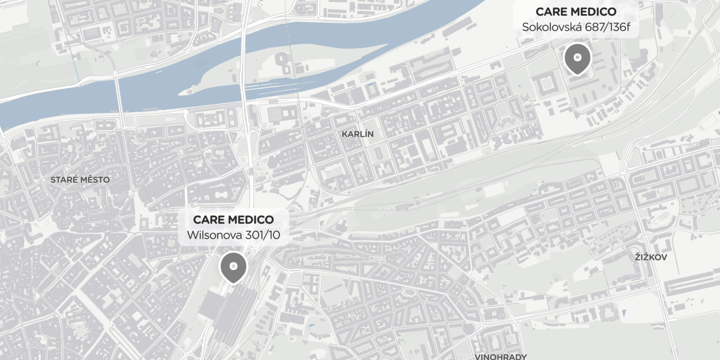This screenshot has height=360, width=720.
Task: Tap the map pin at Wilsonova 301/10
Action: pos(233,267)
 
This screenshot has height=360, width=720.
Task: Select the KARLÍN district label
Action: pos(358,134)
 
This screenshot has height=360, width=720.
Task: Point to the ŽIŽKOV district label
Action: pos(651,257)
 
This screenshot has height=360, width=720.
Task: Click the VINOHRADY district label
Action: pos(501,356)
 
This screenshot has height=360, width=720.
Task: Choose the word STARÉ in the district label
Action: pos(64,180)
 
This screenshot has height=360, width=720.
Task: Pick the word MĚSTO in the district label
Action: pos(95,180)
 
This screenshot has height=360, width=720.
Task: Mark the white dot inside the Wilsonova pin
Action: pos(233,265)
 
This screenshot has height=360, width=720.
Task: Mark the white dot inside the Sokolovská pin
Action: pos(577,57)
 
